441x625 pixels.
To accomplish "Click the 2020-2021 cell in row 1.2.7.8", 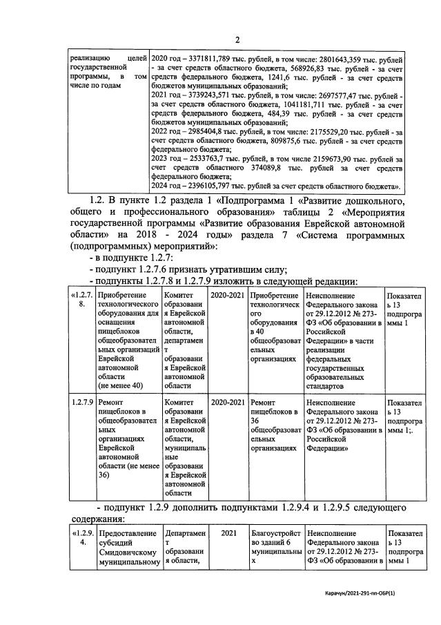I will coord(227,296).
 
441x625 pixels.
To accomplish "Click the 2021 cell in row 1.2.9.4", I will coord(227,534).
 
